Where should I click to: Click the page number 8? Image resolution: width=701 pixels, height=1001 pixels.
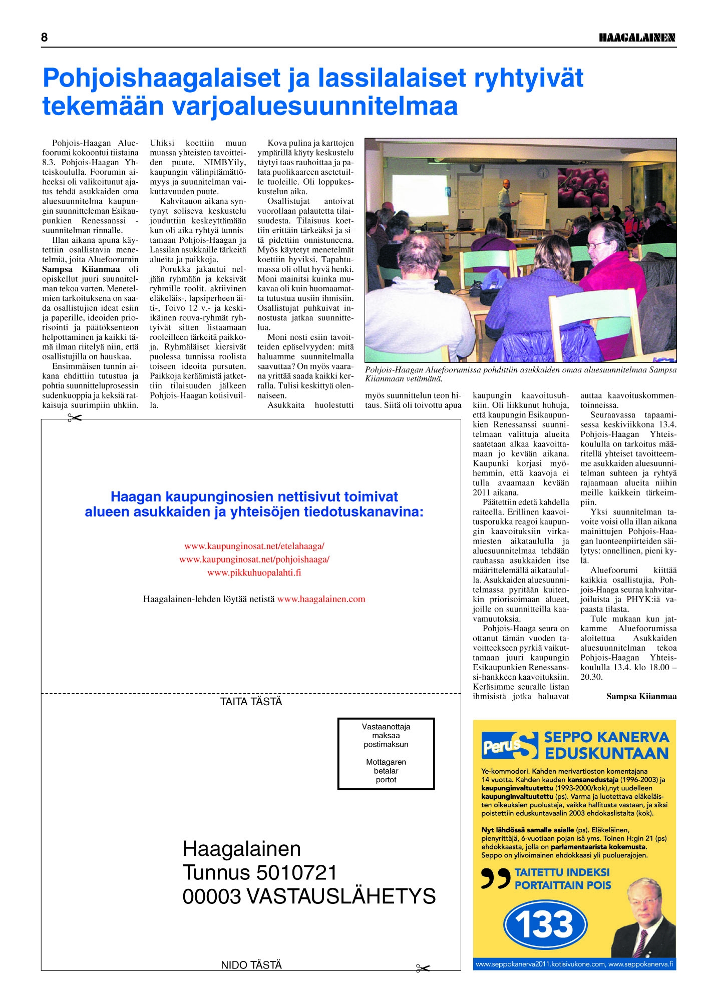[x=45, y=38]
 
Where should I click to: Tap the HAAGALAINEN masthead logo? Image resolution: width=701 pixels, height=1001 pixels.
[x=637, y=38]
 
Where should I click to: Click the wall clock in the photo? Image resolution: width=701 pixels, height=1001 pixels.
[x=543, y=173]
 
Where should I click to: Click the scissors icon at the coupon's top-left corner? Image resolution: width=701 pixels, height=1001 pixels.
[x=75, y=418]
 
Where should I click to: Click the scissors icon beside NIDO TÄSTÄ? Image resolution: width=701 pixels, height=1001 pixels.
[x=423, y=968]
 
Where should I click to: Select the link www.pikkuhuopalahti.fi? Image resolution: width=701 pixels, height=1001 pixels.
[x=254, y=573]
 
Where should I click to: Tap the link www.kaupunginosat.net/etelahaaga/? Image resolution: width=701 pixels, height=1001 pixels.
[x=254, y=546]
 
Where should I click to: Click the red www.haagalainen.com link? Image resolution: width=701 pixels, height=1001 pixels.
[x=321, y=599]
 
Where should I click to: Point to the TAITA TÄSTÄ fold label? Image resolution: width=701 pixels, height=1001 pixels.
[x=251, y=702]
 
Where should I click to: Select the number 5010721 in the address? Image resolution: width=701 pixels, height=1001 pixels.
[x=296, y=873]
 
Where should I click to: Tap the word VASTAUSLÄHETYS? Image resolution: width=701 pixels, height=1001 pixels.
[x=341, y=896]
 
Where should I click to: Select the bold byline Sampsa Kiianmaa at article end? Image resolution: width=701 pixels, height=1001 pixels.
[x=641, y=696]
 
